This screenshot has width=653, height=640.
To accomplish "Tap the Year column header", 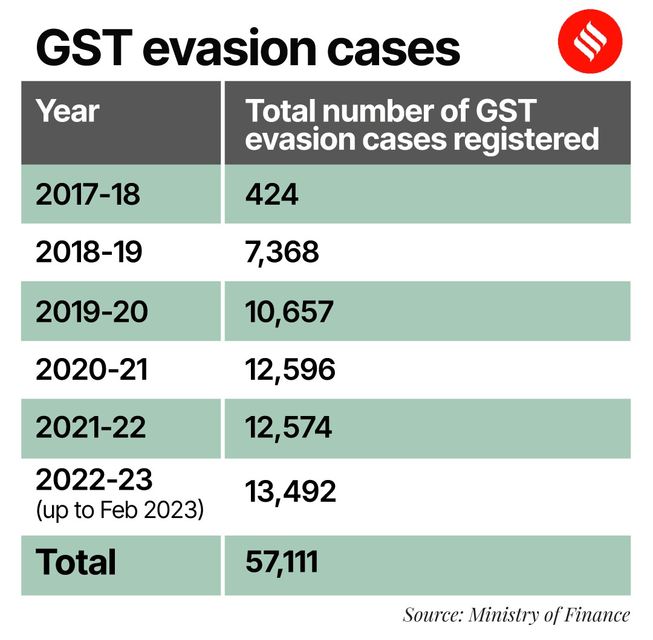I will [67, 112].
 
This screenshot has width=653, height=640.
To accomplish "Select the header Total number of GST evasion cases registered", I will [421, 125].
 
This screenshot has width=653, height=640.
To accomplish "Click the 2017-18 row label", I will [88, 195].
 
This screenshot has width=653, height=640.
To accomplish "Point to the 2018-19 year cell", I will [89, 253].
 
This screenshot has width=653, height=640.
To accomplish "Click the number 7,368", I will [282, 253].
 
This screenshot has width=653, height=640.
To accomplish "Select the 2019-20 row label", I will [91, 312].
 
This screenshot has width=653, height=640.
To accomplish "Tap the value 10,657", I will [289, 312].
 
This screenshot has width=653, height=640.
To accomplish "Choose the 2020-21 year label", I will [91, 370].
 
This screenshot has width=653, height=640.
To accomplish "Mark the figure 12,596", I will [290, 370].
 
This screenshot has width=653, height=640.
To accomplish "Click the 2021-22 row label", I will [91, 428].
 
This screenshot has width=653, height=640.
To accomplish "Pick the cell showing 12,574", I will [288, 428].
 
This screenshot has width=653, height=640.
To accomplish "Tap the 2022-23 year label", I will [94, 480].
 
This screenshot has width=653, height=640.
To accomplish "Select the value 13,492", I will [290, 493].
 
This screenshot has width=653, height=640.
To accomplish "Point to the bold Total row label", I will [76, 563].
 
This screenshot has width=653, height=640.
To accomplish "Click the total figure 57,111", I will [281, 563].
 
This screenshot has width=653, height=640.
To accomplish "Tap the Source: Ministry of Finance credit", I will [516, 615].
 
